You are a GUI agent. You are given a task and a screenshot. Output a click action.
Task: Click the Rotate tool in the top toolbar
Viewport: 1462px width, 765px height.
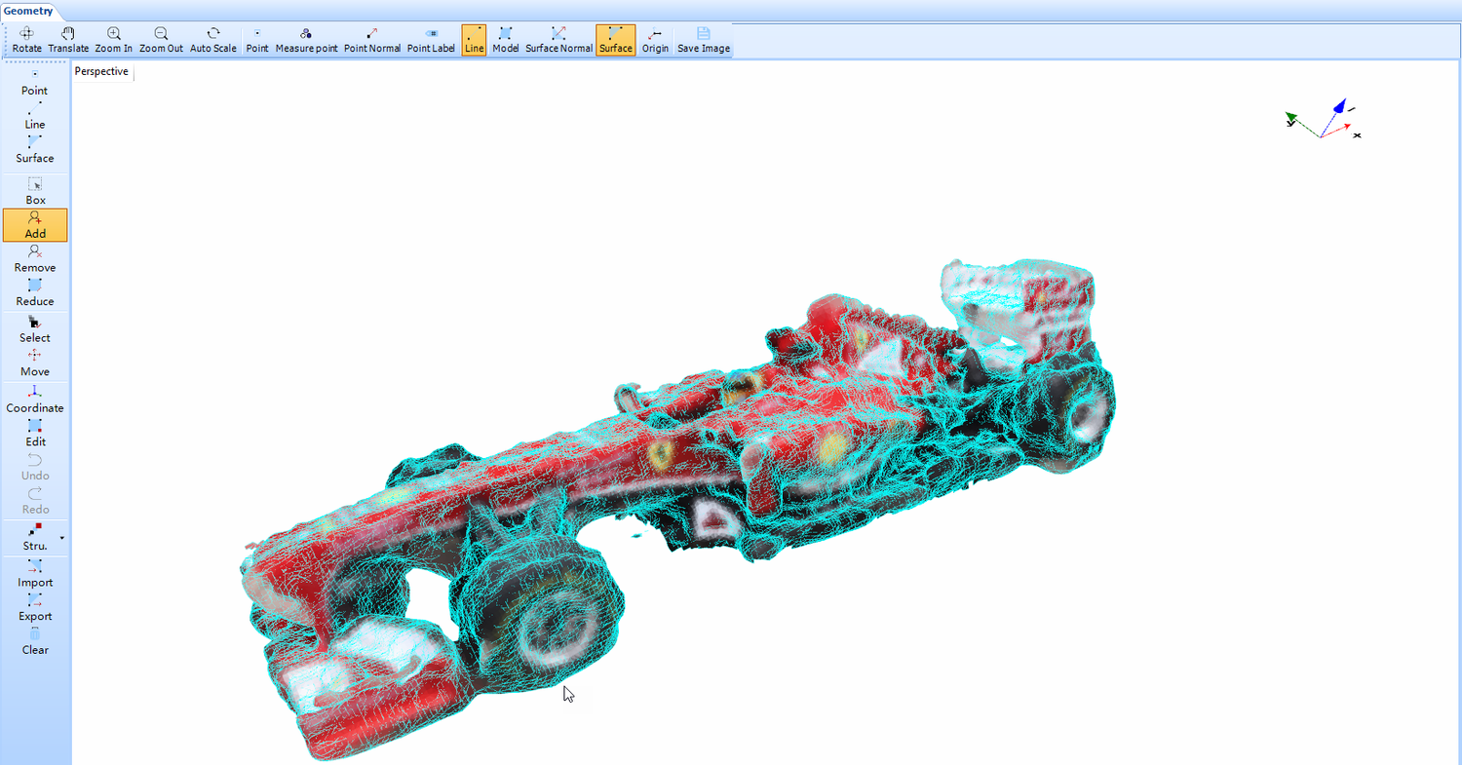click(x=27, y=39)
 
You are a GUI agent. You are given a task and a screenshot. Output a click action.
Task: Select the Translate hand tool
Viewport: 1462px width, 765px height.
click(x=68, y=39)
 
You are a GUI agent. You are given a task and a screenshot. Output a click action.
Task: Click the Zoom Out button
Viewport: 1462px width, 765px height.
click(x=161, y=39)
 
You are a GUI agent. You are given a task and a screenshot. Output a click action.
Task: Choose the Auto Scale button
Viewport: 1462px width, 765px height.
click(x=213, y=39)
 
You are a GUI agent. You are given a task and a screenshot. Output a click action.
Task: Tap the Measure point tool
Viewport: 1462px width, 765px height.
click(x=306, y=39)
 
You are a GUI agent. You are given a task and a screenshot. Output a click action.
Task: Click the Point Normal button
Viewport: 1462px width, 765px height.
click(x=372, y=39)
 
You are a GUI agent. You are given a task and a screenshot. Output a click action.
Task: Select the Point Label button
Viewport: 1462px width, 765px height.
click(x=431, y=39)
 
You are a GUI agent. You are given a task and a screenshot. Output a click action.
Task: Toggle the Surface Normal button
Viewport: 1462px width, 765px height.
click(x=558, y=39)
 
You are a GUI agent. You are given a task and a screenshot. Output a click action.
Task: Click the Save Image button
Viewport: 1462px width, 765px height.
click(x=704, y=39)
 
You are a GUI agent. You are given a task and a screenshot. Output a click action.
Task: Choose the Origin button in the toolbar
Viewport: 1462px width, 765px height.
click(x=655, y=39)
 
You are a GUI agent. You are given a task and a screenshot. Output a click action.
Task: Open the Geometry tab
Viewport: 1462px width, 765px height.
click(x=28, y=11)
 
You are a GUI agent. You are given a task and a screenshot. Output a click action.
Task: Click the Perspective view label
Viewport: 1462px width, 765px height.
click(x=101, y=71)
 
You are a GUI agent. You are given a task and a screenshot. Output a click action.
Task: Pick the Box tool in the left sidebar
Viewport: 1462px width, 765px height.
click(x=35, y=191)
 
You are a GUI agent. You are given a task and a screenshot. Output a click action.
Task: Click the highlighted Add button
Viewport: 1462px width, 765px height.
click(x=35, y=224)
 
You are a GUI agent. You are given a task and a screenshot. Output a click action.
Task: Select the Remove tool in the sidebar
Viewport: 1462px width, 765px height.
click(x=35, y=258)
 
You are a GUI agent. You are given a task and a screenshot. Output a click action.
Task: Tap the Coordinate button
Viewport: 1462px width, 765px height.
click(x=35, y=399)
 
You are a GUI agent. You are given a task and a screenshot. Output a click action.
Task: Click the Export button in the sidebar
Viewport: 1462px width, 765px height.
click(x=35, y=607)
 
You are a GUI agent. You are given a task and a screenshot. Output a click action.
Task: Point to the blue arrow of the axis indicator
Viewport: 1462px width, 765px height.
click(x=1339, y=106)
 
